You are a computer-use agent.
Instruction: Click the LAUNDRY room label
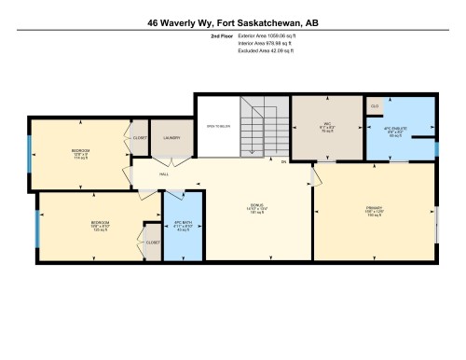[171, 139]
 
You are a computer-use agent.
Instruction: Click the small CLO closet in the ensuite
[376, 106]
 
